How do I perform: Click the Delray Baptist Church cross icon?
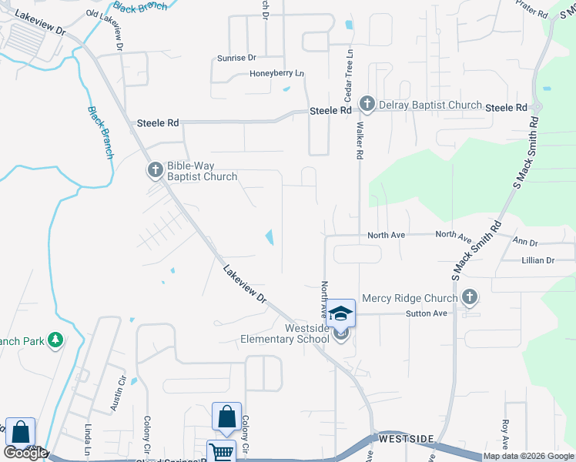pos(367,105)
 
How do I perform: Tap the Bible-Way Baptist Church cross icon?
pos(156,170)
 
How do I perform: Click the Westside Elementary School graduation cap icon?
pos(342,313)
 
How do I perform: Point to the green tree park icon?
pos(55,340)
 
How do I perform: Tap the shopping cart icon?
pos(220,451)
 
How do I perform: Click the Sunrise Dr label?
pos(236,58)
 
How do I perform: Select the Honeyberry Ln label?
pos(277,73)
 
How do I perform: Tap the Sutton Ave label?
pos(427,313)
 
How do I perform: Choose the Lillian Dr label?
pos(537,260)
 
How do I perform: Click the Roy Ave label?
pos(505,434)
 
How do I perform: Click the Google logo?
pos(25,453)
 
